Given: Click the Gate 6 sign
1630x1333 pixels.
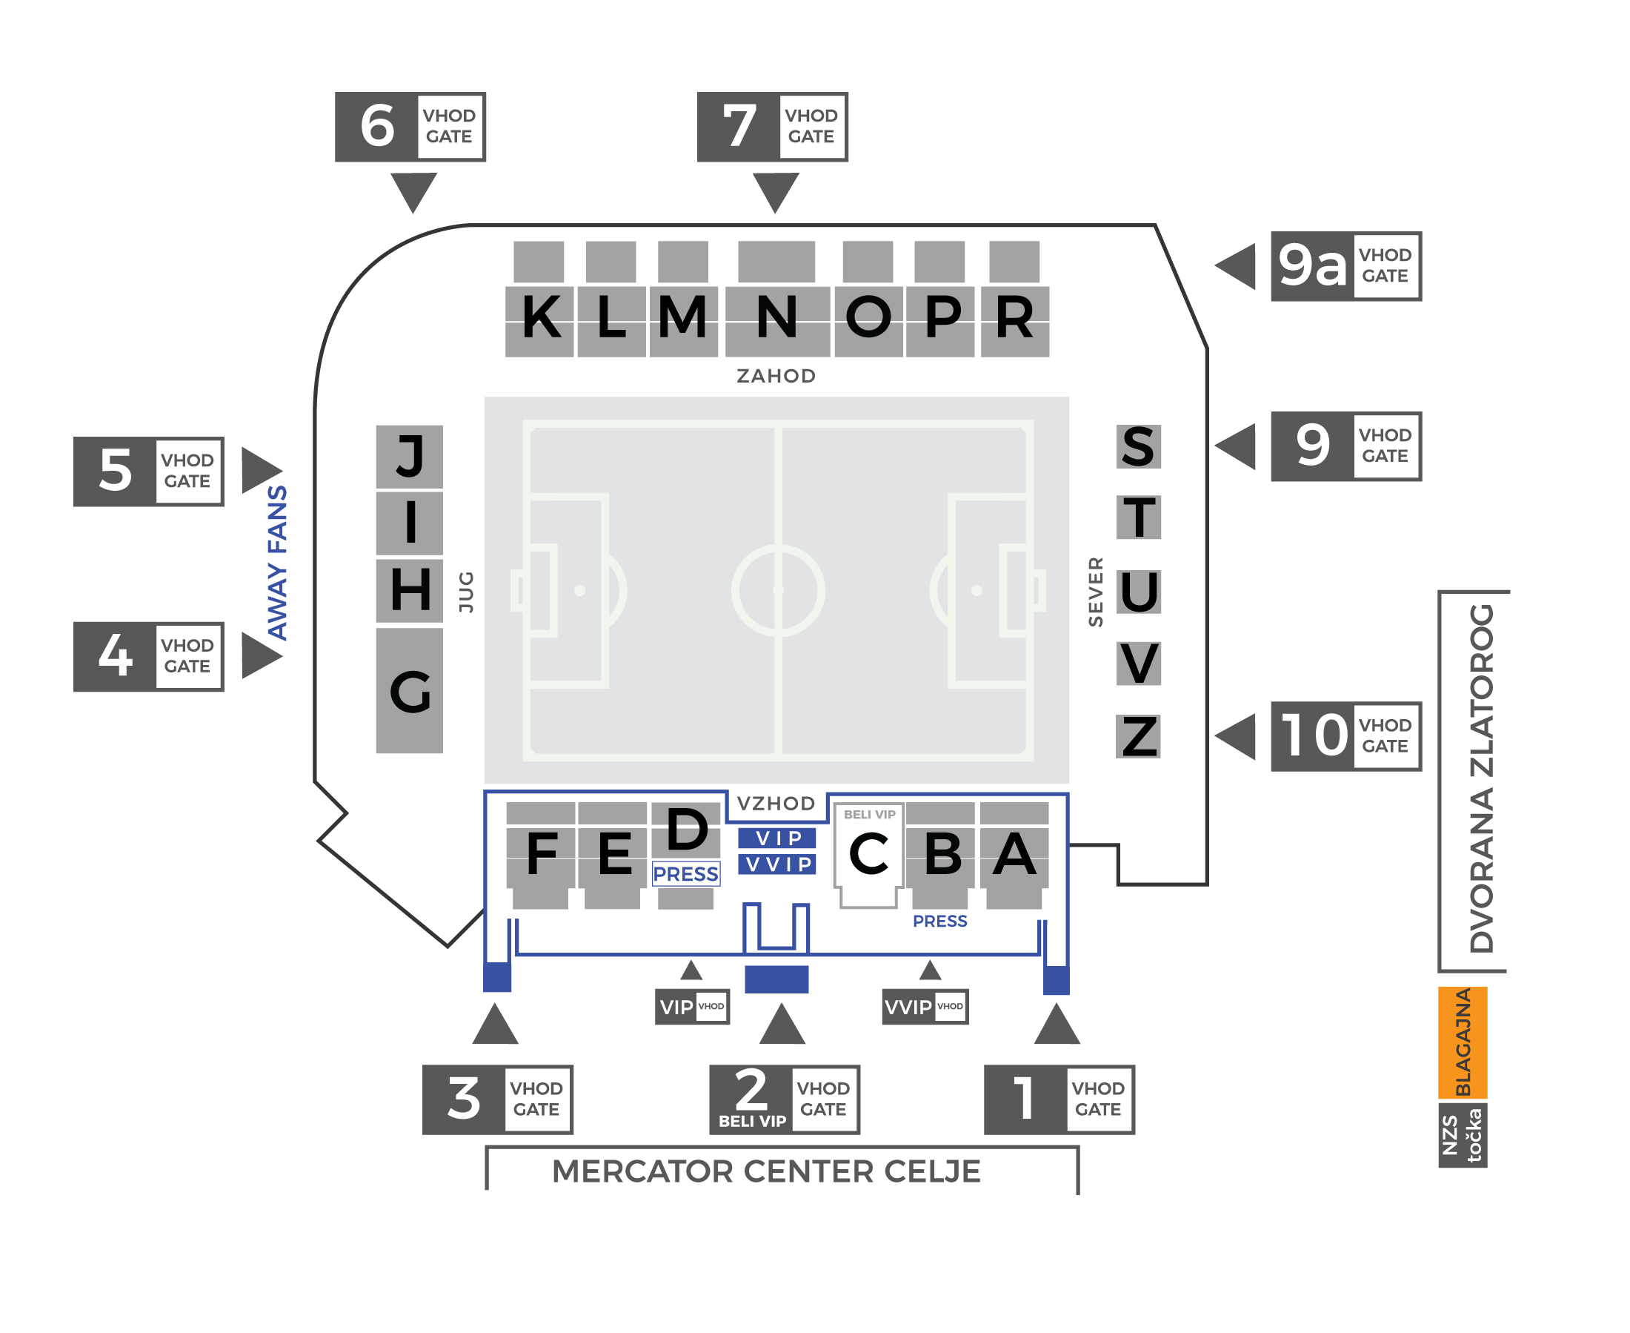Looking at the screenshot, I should pyautogui.click(x=410, y=127).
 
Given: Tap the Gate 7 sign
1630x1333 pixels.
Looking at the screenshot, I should pyautogui.click(x=772, y=127).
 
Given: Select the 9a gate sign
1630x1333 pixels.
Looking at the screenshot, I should pyautogui.click(x=1345, y=266).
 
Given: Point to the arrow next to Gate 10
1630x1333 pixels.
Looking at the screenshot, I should pyautogui.click(x=1236, y=736).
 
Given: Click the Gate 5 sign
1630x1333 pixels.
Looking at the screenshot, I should pyautogui.click(x=149, y=472).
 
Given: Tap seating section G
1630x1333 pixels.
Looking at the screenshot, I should pyautogui.click(x=410, y=691).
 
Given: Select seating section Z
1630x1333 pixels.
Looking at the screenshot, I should pyautogui.click(x=1138, y=736).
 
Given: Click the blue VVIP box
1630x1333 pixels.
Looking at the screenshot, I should pyautogui.click(x=777, y=864).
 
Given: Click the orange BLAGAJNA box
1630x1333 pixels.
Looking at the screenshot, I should pyautogui.click(x=1463, y=1042).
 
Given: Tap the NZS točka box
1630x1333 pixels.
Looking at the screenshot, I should pyautogui.click(x=1463, y=1136).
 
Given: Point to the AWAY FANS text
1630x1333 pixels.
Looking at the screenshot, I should pyautogui.click(x=277, y=563).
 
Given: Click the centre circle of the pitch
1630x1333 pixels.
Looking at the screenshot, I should pyautogui.click(x=777, y=590).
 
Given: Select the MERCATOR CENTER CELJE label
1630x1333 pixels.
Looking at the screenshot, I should pyautogui.click(x=766, y=1171).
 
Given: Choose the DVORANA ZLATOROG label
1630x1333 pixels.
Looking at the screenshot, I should pyautogui.click(x=1481, y=779).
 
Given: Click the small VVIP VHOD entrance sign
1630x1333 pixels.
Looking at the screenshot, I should pyautogui.click(x=925, y=1007).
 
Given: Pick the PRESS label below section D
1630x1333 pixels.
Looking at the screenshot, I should pyautogui.click(x=685, y=875).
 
